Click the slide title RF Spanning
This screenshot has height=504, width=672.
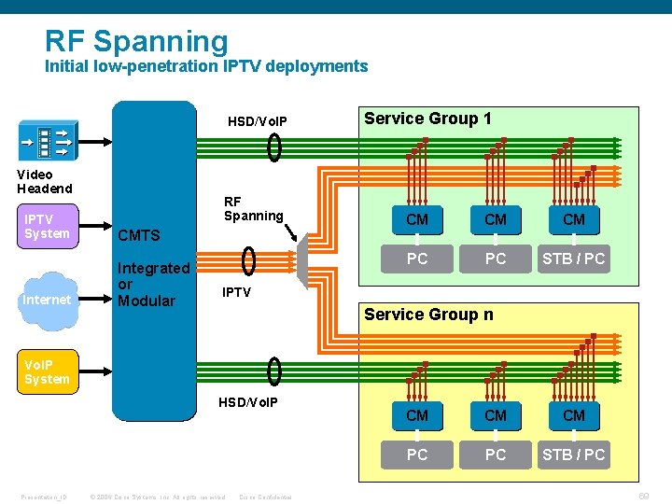point(136,41)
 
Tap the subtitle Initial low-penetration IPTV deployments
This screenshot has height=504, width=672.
point(206,66)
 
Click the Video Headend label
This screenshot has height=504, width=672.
point(44,181)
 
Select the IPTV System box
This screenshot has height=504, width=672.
point(48,227)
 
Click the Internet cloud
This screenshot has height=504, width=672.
point(48,300)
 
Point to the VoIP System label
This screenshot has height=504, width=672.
point(47,371)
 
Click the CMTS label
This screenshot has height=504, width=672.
point(139,235)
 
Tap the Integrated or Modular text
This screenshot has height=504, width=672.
point(153,285)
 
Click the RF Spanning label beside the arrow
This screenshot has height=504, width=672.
point(253,208)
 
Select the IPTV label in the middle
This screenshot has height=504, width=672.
point(236,292)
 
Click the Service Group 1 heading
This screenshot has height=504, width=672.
point(427,119)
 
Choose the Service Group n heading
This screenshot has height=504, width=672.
point(428,315)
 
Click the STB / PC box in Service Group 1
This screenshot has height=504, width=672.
point(574,259)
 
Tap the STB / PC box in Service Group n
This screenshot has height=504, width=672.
point(574,455)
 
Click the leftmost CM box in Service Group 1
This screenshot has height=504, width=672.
point(417,219)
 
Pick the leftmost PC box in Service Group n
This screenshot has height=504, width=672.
point(417,455)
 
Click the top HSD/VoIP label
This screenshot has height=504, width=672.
point(258,122)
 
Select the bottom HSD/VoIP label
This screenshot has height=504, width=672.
point(247,401)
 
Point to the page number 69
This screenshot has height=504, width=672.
point(644,496)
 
